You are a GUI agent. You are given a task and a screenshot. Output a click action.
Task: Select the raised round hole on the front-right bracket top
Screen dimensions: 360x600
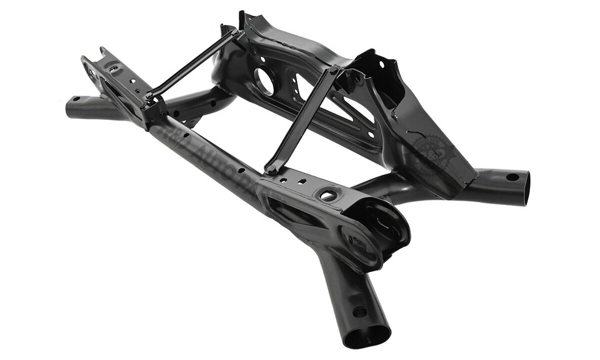pyautogui.click(x=328, y=196)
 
